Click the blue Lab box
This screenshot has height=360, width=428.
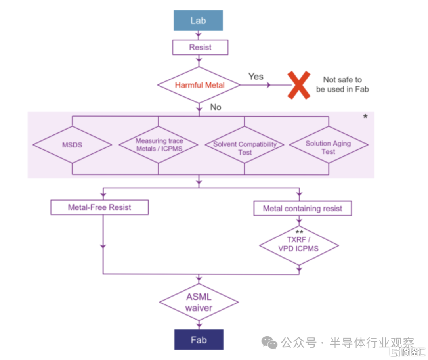click(x=198, y=20)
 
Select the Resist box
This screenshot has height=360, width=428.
click(x=200, y=47)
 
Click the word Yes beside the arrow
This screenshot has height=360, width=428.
click(x=256, y=77)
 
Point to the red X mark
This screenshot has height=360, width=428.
click(x=299, y=85)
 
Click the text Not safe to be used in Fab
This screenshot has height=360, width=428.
click(x=342, y=84)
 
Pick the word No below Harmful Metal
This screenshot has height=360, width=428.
click(x=216, y=107)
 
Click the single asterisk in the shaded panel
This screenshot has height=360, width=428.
click(x=365, y=117)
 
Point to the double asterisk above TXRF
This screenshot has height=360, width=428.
click(x=299, y=232)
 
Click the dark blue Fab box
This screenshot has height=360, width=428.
click(x=199, y=340)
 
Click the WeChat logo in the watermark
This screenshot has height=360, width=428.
click(x=269, y=343)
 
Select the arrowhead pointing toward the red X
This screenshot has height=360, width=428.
click(x=269, y=85)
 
